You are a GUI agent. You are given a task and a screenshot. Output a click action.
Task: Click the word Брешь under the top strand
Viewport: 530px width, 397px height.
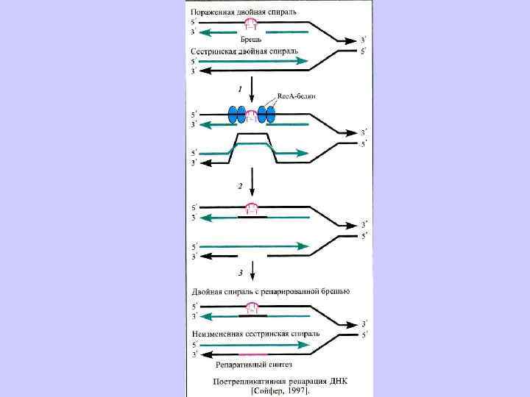point(251,38)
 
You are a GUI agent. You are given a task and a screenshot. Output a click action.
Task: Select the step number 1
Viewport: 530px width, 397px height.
point(239,88)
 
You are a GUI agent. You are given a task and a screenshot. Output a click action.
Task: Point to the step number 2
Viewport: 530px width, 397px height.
point(239,187)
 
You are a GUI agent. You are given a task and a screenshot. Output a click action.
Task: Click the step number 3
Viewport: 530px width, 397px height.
point(240,273)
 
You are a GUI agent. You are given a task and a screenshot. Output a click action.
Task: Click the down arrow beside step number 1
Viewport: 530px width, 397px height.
point(252,90)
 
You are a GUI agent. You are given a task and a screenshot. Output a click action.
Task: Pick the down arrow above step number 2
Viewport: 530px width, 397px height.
point(252,177)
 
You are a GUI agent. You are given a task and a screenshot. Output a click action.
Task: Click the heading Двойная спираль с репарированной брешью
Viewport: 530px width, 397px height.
point(270,292)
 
